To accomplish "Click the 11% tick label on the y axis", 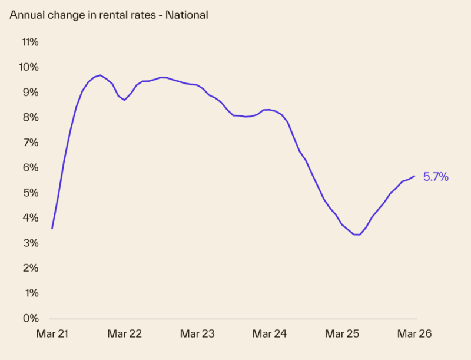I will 29,42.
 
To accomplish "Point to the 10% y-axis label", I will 29,67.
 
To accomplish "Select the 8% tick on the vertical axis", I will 31,118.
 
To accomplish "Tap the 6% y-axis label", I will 31,168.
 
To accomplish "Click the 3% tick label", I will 31,243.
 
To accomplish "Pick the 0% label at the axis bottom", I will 31,319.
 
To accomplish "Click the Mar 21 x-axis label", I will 52,334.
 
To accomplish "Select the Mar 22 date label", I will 124,334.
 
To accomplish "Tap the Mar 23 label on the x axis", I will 197,334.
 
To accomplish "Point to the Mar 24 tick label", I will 270,334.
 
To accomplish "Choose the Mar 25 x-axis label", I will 342,334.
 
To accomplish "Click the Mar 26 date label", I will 414,334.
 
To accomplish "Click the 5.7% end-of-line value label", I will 436,176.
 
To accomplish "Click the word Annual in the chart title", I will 25,15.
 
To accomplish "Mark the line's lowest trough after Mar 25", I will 357,235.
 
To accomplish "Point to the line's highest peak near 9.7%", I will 100,75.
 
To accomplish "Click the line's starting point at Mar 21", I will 52,228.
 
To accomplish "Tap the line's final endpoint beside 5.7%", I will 414,176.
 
